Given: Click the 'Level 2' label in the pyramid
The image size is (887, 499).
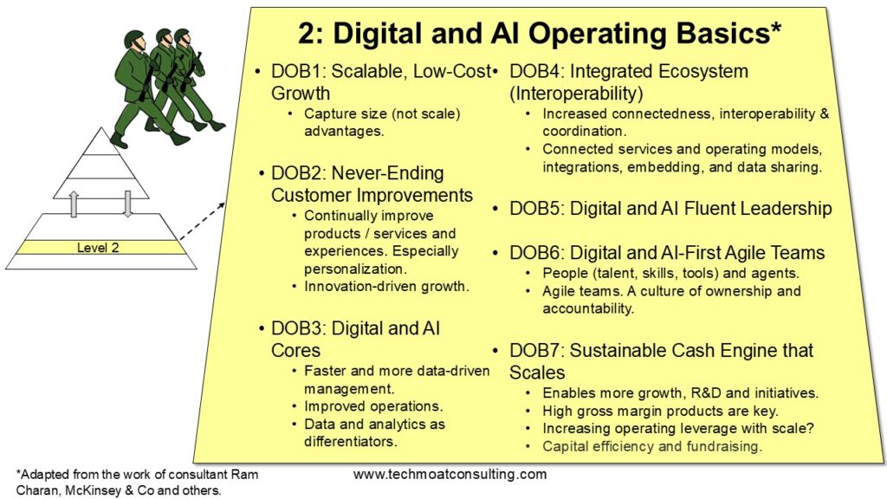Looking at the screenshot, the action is click(x=98, y=248).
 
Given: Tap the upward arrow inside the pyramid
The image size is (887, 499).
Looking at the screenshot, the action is click(x=74, y=204).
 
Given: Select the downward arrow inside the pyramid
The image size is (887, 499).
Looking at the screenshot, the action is click(x=128, y=204).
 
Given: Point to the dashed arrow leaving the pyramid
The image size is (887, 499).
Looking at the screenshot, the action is click(x=202, y=221).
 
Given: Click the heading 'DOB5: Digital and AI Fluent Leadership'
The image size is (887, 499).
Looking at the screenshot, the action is click(x=670, y=208).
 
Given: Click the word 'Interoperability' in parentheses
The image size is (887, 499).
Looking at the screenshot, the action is click(x=576, y=94).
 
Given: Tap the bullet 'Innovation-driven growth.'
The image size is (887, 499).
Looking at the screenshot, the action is click(x=386, y=286).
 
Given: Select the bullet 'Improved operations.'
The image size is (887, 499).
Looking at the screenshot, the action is click(x=373, y=406).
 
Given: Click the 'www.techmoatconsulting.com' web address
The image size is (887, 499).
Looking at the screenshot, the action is click(x=450, y=474).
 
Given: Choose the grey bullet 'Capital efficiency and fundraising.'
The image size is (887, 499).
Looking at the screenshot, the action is click(x=652, y=446).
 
